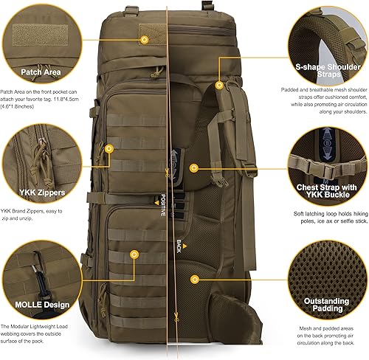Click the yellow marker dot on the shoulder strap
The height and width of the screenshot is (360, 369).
pos(219,85)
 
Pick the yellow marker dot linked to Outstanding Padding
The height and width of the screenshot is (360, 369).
pos(195,279)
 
